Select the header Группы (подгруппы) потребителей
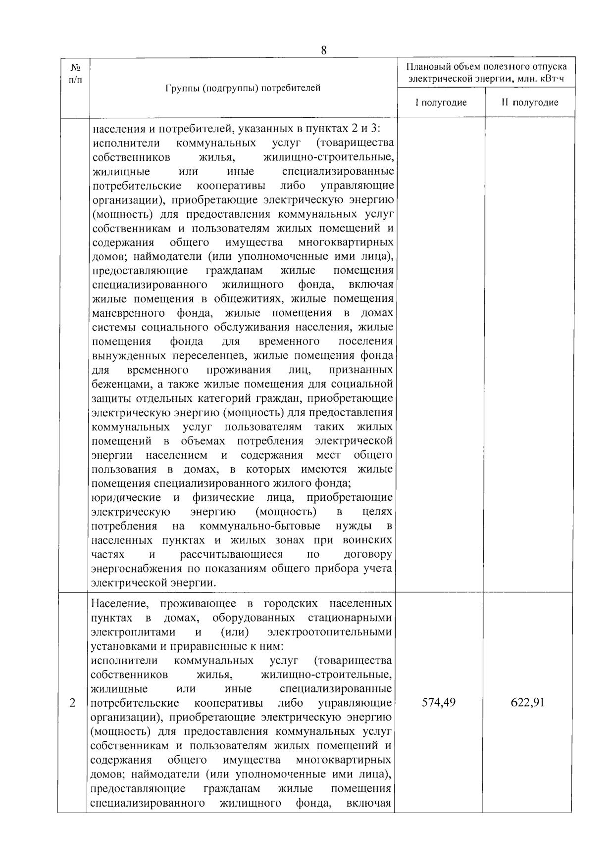tap(243, 88)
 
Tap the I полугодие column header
tap(441, 102)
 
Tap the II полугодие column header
tap(530, 102)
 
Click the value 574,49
tap(439, 702)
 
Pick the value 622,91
tap(527, 702)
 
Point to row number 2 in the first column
tap(73, 703)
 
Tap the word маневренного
tap(129, 313)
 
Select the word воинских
tap(371, 540)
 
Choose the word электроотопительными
tap(329, 632)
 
